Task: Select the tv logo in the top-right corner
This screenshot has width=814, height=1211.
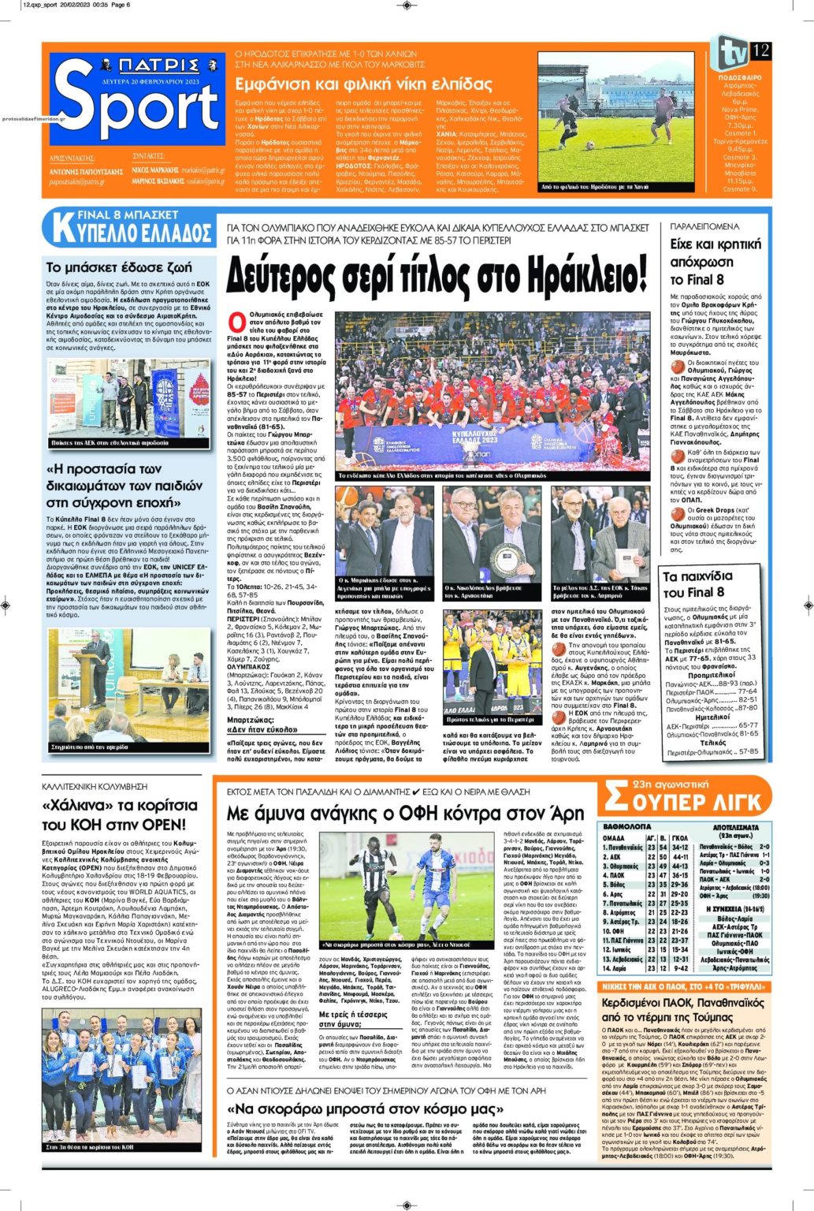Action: (x=729, y=52)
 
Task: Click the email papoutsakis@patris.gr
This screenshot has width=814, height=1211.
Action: (x=77, y=181)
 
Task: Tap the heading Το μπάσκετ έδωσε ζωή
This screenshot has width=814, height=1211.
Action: (x=118, y=267)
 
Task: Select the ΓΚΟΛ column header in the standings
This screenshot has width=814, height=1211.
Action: (x=680, y=837)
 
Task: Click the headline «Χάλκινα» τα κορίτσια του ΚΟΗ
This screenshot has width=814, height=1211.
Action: (x=120, y=815)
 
